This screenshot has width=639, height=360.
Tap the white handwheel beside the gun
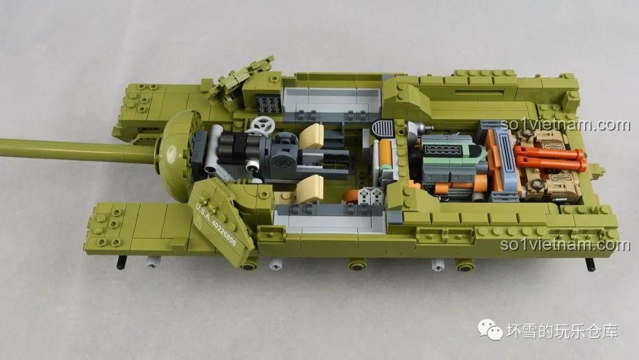pos(261,126)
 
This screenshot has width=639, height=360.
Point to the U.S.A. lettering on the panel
pos(202,211)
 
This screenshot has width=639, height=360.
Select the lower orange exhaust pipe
pos(550,165)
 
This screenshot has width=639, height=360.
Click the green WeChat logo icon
pos(490,329)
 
